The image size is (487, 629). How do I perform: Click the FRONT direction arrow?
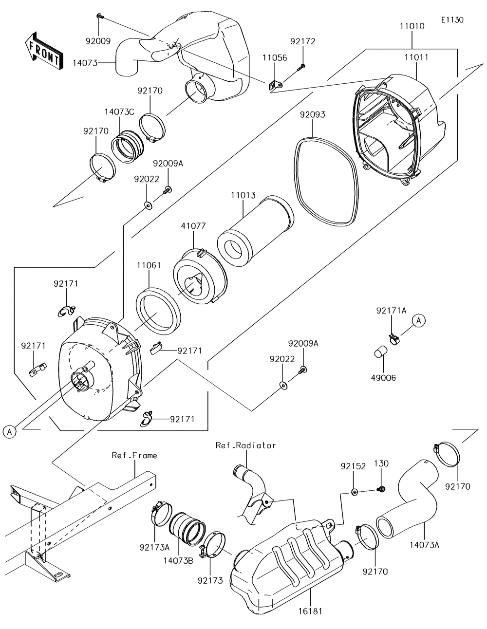tap(43, 52)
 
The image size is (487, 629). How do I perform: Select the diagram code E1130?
tap(452, 20)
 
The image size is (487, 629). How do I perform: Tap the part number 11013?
tap(243, 195)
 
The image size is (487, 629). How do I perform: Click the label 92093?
tap(312, 114)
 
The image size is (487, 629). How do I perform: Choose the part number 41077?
tap(193, 226)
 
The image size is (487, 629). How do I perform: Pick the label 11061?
tap(149, 265)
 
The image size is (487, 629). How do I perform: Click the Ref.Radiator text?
tap(245, 445)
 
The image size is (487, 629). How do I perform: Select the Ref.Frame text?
tap(134, 455)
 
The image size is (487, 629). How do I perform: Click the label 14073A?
tap(425, 545)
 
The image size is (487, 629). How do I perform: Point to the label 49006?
tap(383, 378)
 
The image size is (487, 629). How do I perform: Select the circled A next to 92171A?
tap(419, 321)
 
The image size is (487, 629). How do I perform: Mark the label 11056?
tap(275, 57)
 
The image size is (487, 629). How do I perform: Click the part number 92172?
tap(303, 41)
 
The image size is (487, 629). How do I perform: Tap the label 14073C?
tap(120, 112)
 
